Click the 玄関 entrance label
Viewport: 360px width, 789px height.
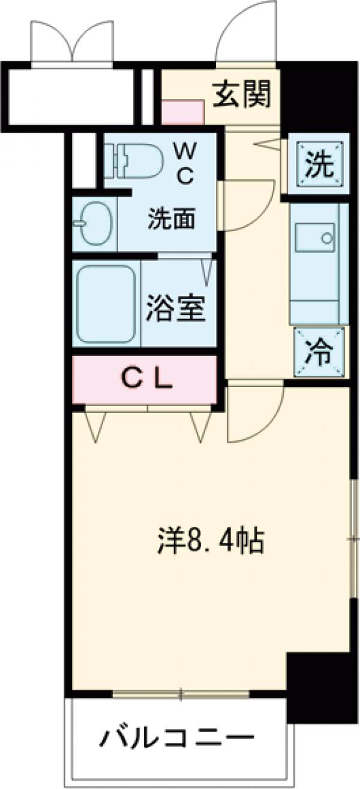coord(242,94)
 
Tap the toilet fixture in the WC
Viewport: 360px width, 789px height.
coord(136,161)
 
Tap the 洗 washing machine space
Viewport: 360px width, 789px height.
coord(317,164)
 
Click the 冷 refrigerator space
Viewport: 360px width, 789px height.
coord(319,352)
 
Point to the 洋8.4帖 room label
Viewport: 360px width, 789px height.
coord(210,540)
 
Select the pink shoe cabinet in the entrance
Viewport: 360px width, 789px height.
coord(183,112)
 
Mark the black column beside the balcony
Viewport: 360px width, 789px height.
coord(308,687)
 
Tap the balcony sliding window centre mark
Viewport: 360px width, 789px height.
coord(180,694)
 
